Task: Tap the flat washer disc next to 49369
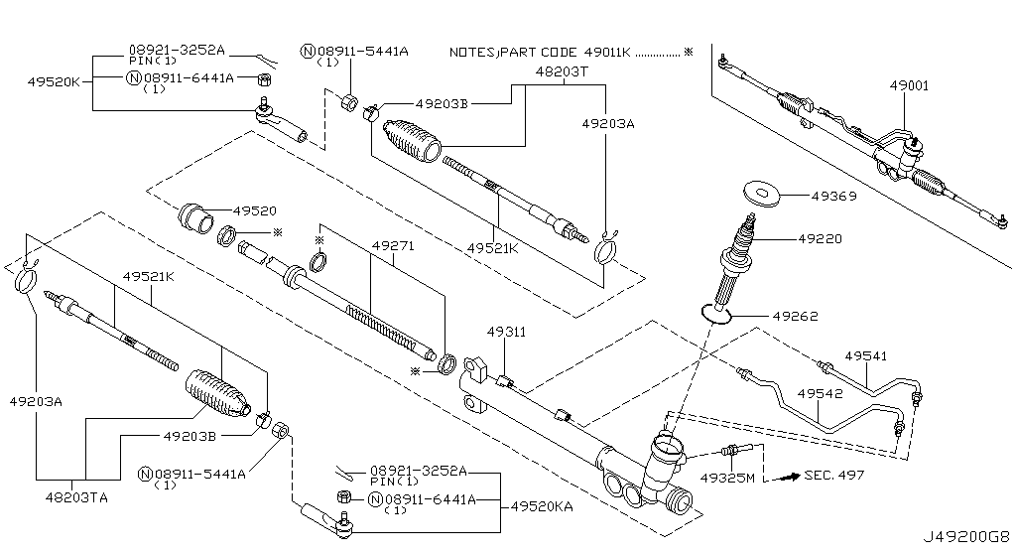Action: [x=760, y=192]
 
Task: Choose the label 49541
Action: [x=865, y=354]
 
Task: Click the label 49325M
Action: [x=727, y=478]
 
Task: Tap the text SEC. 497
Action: [x=836, y=475]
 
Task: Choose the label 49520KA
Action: [x=543, y=505]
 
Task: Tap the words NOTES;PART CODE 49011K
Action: [x=540, y=51]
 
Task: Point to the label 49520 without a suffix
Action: [x=255, y=210]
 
